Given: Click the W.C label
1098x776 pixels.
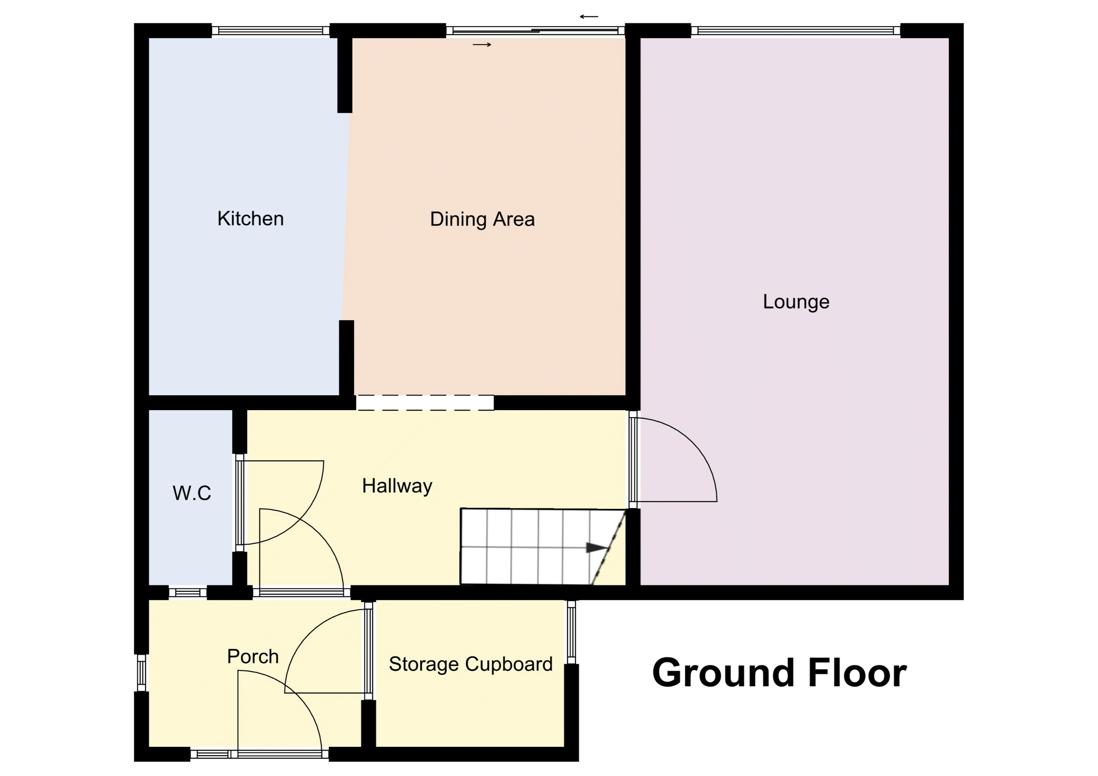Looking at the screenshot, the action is click(x=192, y=493).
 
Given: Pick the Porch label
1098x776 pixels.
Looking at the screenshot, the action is click(x=253, y=657).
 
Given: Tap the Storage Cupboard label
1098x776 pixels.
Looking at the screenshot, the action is click(x=471, y=665).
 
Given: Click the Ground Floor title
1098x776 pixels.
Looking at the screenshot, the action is click(x=779, y=673).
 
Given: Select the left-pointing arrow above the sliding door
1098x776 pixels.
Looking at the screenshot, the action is click(x=589, y=17).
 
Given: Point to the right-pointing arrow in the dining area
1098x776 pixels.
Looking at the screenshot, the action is click(x=482, y=45).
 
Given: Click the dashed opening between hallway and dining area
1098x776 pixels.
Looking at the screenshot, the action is click(x=425, y=403).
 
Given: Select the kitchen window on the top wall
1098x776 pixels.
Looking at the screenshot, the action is click(x=271, y=31).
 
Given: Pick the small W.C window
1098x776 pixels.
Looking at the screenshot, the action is click(x=188, y=593).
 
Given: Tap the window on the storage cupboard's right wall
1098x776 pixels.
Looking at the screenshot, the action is click(x=572, y=632).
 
